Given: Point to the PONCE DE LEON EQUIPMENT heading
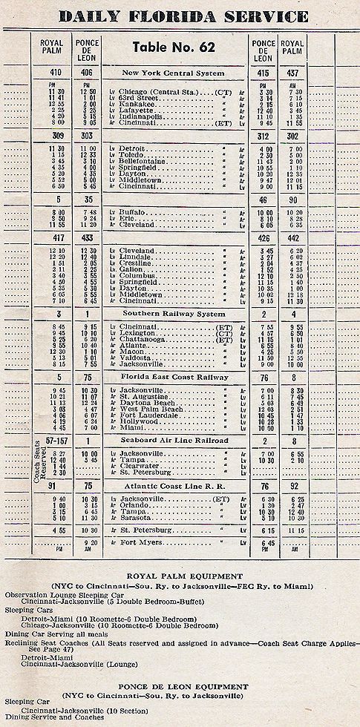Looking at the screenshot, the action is [180, 687].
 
